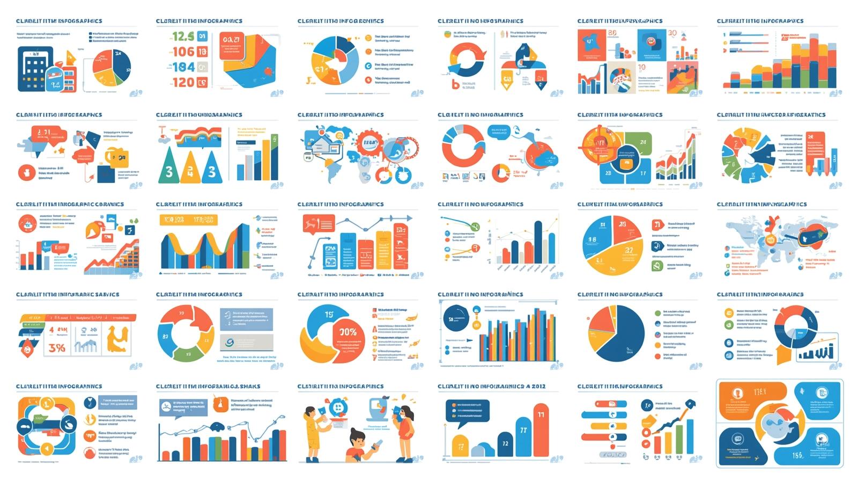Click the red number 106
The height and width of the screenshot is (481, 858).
pos(183,52)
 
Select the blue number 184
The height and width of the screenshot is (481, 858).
pos(183,68)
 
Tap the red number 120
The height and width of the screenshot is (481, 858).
pos(183,83)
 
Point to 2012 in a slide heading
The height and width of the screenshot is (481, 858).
pos(538,387)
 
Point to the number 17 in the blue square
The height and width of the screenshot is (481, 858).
pos(642,173)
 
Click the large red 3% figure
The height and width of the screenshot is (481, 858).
pos(57,347)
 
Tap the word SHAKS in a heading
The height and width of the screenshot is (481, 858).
pos(250,387)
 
